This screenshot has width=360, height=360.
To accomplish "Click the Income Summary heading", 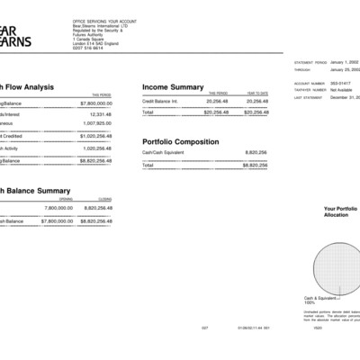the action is pos(173,86).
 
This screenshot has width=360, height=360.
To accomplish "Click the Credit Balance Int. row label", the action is pos(161,102).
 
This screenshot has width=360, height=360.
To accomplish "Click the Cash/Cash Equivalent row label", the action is pos(164,154).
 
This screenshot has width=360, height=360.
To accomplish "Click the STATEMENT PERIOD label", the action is pos(311,63).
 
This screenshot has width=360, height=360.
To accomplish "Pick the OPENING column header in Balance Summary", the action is pos(66,200).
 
